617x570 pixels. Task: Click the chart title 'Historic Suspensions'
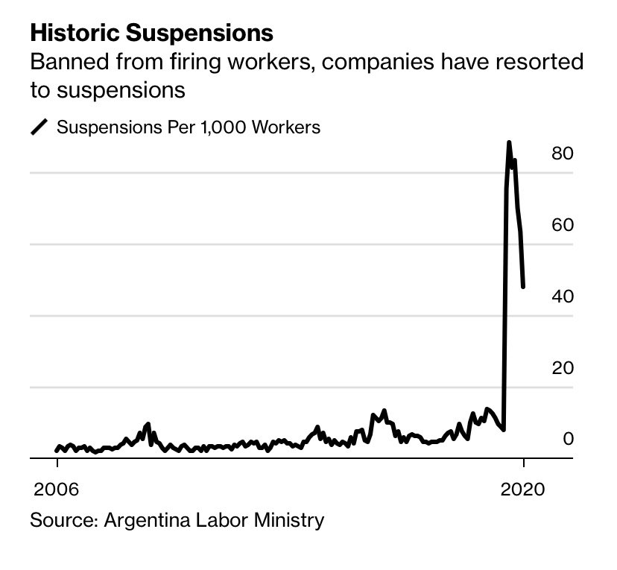click(x=151, y=34)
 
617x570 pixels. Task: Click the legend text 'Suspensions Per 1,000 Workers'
click(x=189, y=127)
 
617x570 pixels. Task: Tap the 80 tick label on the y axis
click(x=562, y=153)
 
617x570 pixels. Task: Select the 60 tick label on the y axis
click(x=562, y=225)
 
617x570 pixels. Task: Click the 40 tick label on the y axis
click(x=562, y=297)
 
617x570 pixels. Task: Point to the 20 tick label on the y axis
click(x=562, y=368)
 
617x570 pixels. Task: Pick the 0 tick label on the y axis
click(x=568, y=438)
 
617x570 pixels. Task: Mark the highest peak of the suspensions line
click(x=509, y=142)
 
